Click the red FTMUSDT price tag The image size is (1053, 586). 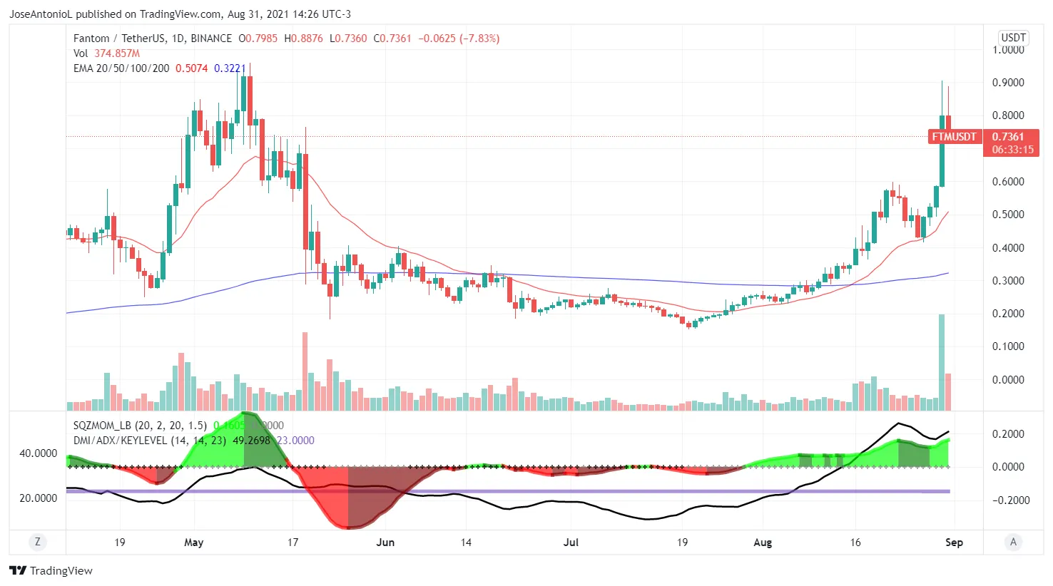click(x=954, y=137)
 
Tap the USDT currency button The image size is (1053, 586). click(x=1013, y=38)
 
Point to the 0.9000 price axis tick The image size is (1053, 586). click(x=1008, y=83)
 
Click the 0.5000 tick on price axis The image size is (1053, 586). click(x=1008, y=215)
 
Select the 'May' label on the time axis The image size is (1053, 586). click(x=193, y=543)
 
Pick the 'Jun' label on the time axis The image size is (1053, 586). click(x=385, y=543)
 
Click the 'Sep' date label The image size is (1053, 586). click(x=954, y=543)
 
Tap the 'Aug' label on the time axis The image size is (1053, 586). click(x=763, y=543)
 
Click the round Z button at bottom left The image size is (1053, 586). click(x=38, y=543)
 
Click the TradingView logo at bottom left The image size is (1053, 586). click(x=51, y=570)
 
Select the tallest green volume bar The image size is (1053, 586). click(x=942, y=362)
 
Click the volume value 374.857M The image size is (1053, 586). click(x=117, y=53)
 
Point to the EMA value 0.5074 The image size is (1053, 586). click(x=191, y=68)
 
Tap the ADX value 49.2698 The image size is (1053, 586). click(x=251, y=441)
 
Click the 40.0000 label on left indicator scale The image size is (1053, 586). click(x=38, y=453)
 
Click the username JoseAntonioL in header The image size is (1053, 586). click(x=41, y=14)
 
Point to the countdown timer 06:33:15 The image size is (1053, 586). click(x=1012, y=150)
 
